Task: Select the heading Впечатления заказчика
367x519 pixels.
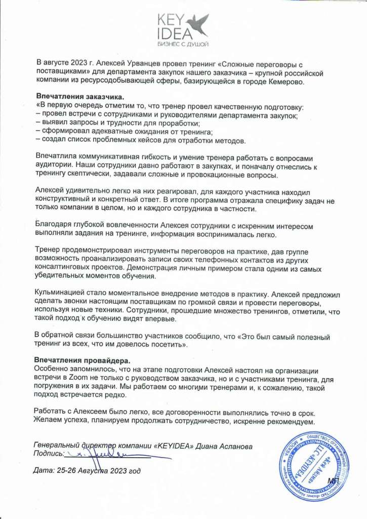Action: coord(73,97)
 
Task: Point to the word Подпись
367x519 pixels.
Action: coord(48,454)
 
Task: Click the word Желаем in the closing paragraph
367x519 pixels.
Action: coord(49,421)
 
